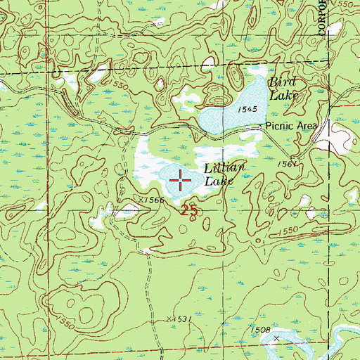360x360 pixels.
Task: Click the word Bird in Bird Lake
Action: click(x=283, y=82)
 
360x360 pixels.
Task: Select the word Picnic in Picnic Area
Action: click(x=281, y=126)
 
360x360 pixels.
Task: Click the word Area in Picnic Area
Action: click(x=307, y=126)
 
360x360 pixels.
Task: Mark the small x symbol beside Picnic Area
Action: click(x=262, y=126)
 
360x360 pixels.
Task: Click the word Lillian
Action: click(x=224, y=168)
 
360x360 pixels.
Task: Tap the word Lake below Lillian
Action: click(x=218, y=181)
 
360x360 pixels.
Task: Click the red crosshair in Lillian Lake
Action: click(x=181, y=181)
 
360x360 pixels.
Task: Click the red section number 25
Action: click(x=187, y=210)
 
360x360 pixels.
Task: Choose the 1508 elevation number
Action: click(x=259, y=328)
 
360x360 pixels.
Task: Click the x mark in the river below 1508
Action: click(x=276, y=338)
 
